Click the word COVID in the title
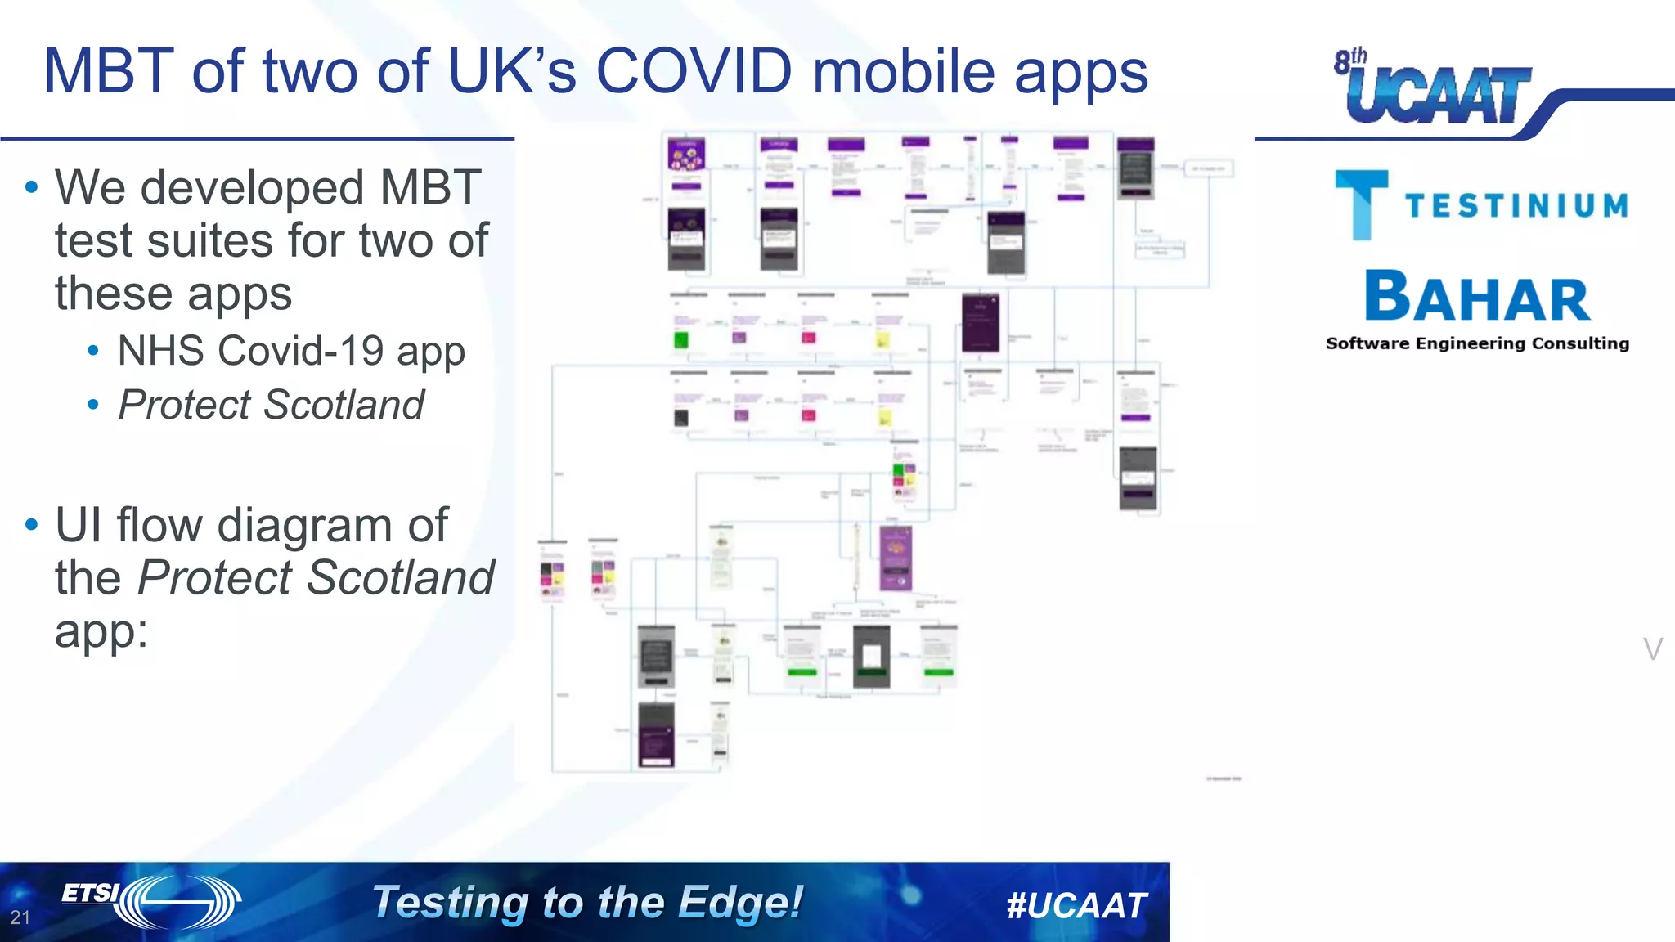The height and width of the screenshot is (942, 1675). click(694, 71)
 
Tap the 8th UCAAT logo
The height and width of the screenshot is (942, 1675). click(1433, 88)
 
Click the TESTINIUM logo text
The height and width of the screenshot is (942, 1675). click(1516, 206)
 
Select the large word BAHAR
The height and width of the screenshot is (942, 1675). click(1477, 297)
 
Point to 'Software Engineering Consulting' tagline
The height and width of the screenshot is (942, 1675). click(1477, 343)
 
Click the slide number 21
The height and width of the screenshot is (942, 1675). click(20, 917)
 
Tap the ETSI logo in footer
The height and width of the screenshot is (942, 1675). click(151, 901)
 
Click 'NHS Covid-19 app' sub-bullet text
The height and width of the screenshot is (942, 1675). click(291, 351)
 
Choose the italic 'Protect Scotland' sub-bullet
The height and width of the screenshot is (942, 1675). click(271, 405)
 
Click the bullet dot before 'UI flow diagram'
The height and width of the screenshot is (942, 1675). click(32, 524)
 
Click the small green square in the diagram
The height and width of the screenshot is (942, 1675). click(680, 340)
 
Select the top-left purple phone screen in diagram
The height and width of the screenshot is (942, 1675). click(686, 155)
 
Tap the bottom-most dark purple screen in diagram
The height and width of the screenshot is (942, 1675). click(656, 735)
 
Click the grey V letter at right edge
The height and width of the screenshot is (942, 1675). click(1652, 649)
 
